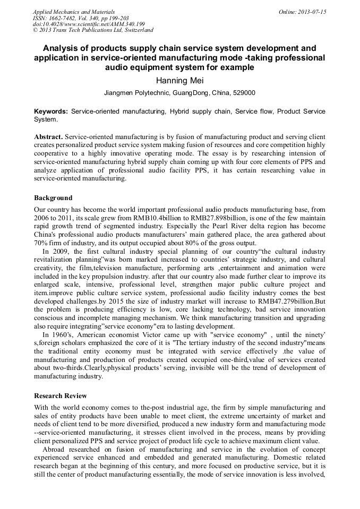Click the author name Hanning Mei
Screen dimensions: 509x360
[x=179, y=80]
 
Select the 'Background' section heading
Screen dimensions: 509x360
[x=53, y=198]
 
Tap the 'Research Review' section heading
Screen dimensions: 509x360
[x=61, y=396]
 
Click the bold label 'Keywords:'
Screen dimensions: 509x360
[x=51, y=112]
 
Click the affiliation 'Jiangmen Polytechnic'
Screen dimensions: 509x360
[x=136, y=93]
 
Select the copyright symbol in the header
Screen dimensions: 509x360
[x=35, y=30]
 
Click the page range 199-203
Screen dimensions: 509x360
[x=121, y=18]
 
